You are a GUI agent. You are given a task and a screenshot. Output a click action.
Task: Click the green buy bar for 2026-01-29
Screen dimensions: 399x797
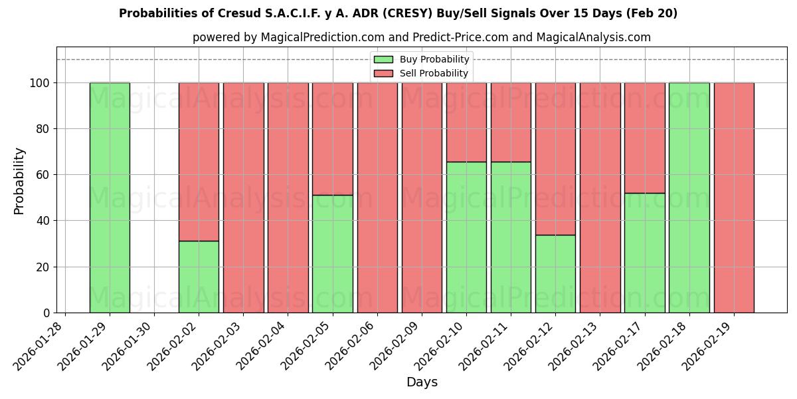tap(110, 198)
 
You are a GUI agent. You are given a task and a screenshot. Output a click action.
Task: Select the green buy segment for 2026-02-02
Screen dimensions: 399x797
tap(199, 277)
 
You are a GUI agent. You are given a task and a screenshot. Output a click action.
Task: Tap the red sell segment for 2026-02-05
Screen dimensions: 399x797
tap(332, 138)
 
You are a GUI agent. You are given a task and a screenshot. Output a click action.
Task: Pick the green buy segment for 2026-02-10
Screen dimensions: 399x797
tap(466, 237)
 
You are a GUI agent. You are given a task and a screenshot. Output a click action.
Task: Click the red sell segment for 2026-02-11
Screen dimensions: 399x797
tap(511, 122)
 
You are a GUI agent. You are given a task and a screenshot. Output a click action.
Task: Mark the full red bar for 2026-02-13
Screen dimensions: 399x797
tap(600, 198)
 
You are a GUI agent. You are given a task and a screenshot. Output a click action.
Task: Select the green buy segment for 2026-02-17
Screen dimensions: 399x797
tap(644, 253)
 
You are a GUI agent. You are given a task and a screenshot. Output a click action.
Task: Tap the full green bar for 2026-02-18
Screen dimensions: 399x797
tap(689, 198)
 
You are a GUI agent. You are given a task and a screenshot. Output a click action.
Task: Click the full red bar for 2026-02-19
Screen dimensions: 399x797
tap(734, 198)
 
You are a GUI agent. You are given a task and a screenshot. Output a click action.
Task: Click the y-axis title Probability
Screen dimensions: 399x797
tap(19, 180)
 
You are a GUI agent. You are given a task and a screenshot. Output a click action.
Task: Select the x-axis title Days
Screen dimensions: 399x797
tap(422, 382)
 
